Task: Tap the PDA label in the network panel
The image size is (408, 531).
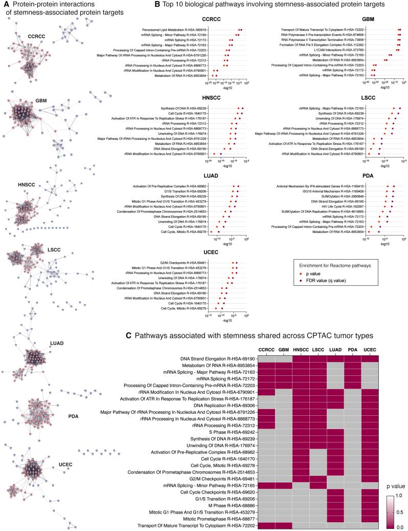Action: pos(73,416)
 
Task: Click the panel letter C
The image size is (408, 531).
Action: pos(129,335)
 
